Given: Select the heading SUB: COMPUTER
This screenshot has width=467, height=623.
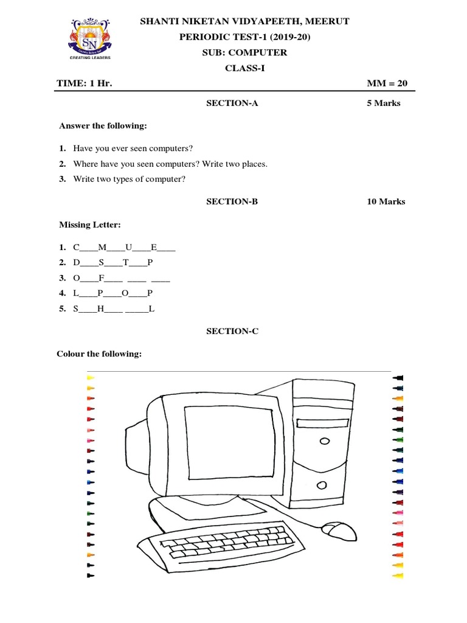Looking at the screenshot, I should (x=244, y=52).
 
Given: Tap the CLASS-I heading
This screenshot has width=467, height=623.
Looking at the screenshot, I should (x=245, y=68).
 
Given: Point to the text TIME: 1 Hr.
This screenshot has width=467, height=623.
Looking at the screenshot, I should (x=85, y=84).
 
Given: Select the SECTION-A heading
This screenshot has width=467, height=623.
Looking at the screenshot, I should (x=232, y=103).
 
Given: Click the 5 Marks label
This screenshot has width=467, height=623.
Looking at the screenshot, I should (x=383, y=103).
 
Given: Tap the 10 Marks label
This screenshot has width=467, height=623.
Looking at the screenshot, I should (x=386, y=201).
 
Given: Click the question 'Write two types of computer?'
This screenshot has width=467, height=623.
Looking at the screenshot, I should (x=129, y=179).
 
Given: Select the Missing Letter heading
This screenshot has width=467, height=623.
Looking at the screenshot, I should (x=90, y=225).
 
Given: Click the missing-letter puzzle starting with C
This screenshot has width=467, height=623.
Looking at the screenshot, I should (x=124, y=248).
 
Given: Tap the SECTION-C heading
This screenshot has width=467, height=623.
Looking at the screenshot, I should (x=232, y=331).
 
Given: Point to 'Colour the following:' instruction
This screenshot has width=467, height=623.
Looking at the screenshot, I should (x=99, y=353).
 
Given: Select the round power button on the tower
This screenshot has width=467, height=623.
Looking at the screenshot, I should (x=320, y=486).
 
